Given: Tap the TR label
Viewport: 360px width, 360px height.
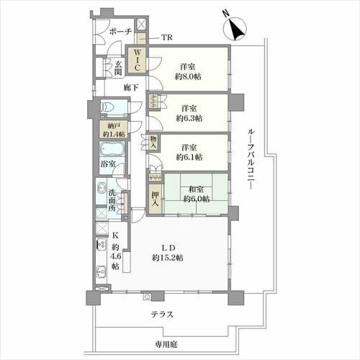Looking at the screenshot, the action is [x=166, y=37].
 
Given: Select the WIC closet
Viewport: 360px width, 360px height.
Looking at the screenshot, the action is [x=137, y=60].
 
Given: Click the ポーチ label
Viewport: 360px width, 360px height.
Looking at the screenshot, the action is [x=120, y=32].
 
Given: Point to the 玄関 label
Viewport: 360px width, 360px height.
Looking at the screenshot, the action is [x=118, y=68].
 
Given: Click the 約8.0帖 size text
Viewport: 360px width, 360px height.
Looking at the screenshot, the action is [x=188, y=77].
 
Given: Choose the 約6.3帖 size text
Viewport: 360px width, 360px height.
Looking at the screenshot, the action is [x=189, y=118].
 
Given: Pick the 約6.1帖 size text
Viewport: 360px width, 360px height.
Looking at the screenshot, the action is [x=189, y=157].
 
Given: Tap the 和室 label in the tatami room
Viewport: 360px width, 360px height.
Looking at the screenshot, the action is [x=197, y=189].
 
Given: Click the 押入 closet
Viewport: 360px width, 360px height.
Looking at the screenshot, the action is [x=155, y=199].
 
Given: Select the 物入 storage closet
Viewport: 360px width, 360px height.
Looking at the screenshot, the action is [x=153, y=143].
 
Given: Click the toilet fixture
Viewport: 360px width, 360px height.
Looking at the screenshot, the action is [x=109, y=107].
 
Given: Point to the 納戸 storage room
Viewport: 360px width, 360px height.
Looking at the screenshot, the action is [x=114, y=129].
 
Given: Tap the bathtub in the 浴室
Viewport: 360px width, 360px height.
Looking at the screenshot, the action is [x=112, y=149].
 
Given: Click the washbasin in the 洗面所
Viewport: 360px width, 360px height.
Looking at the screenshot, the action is [x=102, y=187].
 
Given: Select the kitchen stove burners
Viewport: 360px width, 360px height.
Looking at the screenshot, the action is [x=101, y=244].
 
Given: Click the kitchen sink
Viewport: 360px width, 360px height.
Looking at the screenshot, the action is [x=102, y=272].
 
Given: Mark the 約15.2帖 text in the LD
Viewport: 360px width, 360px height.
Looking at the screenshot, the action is [x=168, y=258].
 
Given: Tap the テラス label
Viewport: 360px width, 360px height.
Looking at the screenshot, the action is [x=162, y=315].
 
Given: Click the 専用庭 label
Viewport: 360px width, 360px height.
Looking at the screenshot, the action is [x=166, y=345].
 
